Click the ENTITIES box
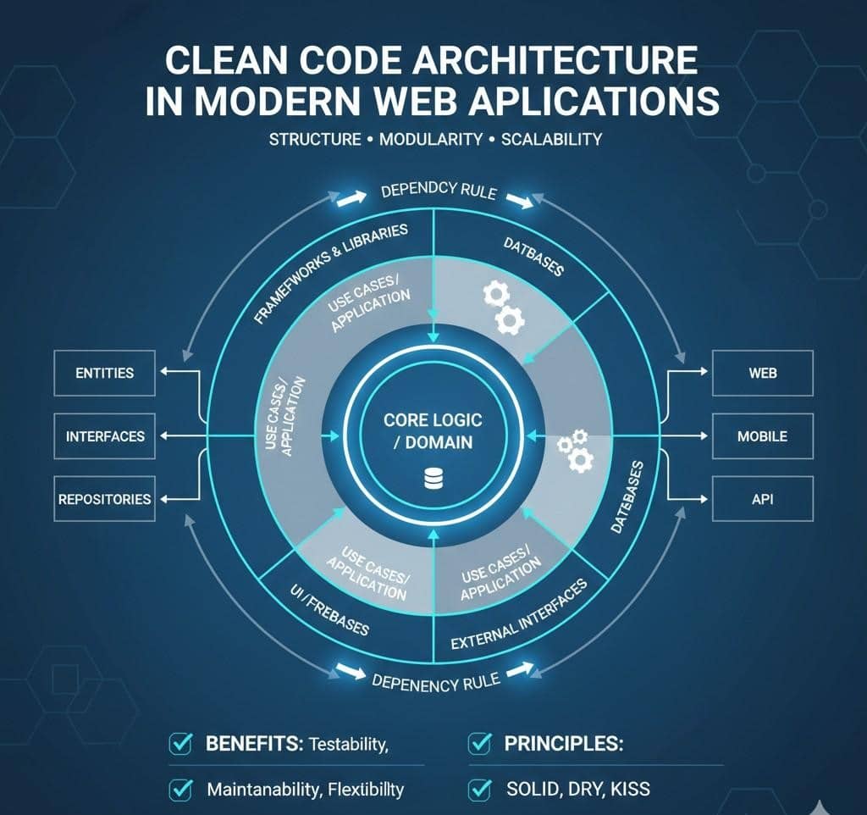(x=105, y=374)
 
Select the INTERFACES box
(x=105, y=436)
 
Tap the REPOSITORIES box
(x=105, y=499)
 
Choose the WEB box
(x=762, y=374)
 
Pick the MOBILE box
(x=762, y=436)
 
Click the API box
(x=762, y=499)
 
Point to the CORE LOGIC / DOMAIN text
(x=433, y=431)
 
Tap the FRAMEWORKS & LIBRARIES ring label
(x=331, y=274)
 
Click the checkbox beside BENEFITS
(x=180, y=745)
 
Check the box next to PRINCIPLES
(x=479, y=745)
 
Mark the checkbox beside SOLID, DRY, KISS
(x=479, y=790)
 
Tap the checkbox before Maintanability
(x=180, y=790)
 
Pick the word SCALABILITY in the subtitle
(x=550, y=139)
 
